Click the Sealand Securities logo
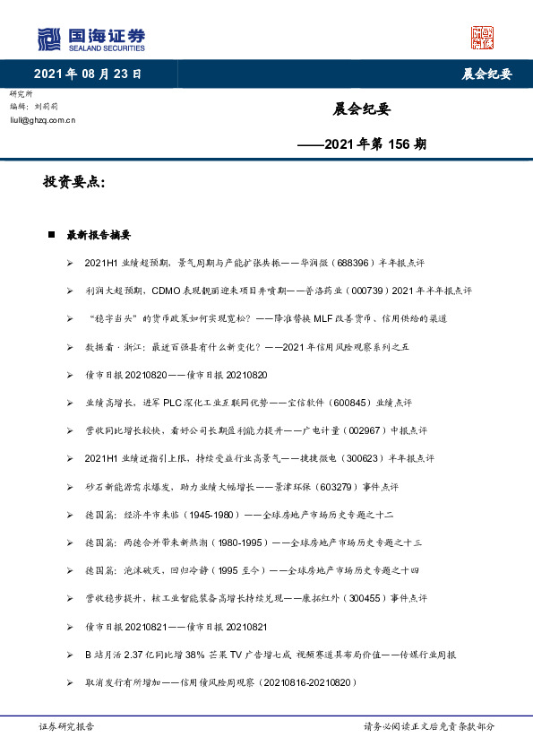pyautogui.click(x=90, y=39)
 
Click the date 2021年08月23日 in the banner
pyautogui.click(x=88, y=74)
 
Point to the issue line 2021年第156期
pyautogui.click(x=362, y=143)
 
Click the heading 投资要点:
pyautogui.click(x=74, y=182)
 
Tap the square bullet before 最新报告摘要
pyautogui.click(x=52, y=235)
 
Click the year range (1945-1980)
pyautogui.click(x=214, y=515)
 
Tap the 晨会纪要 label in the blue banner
pyautogui.click(x=486, y=74)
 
